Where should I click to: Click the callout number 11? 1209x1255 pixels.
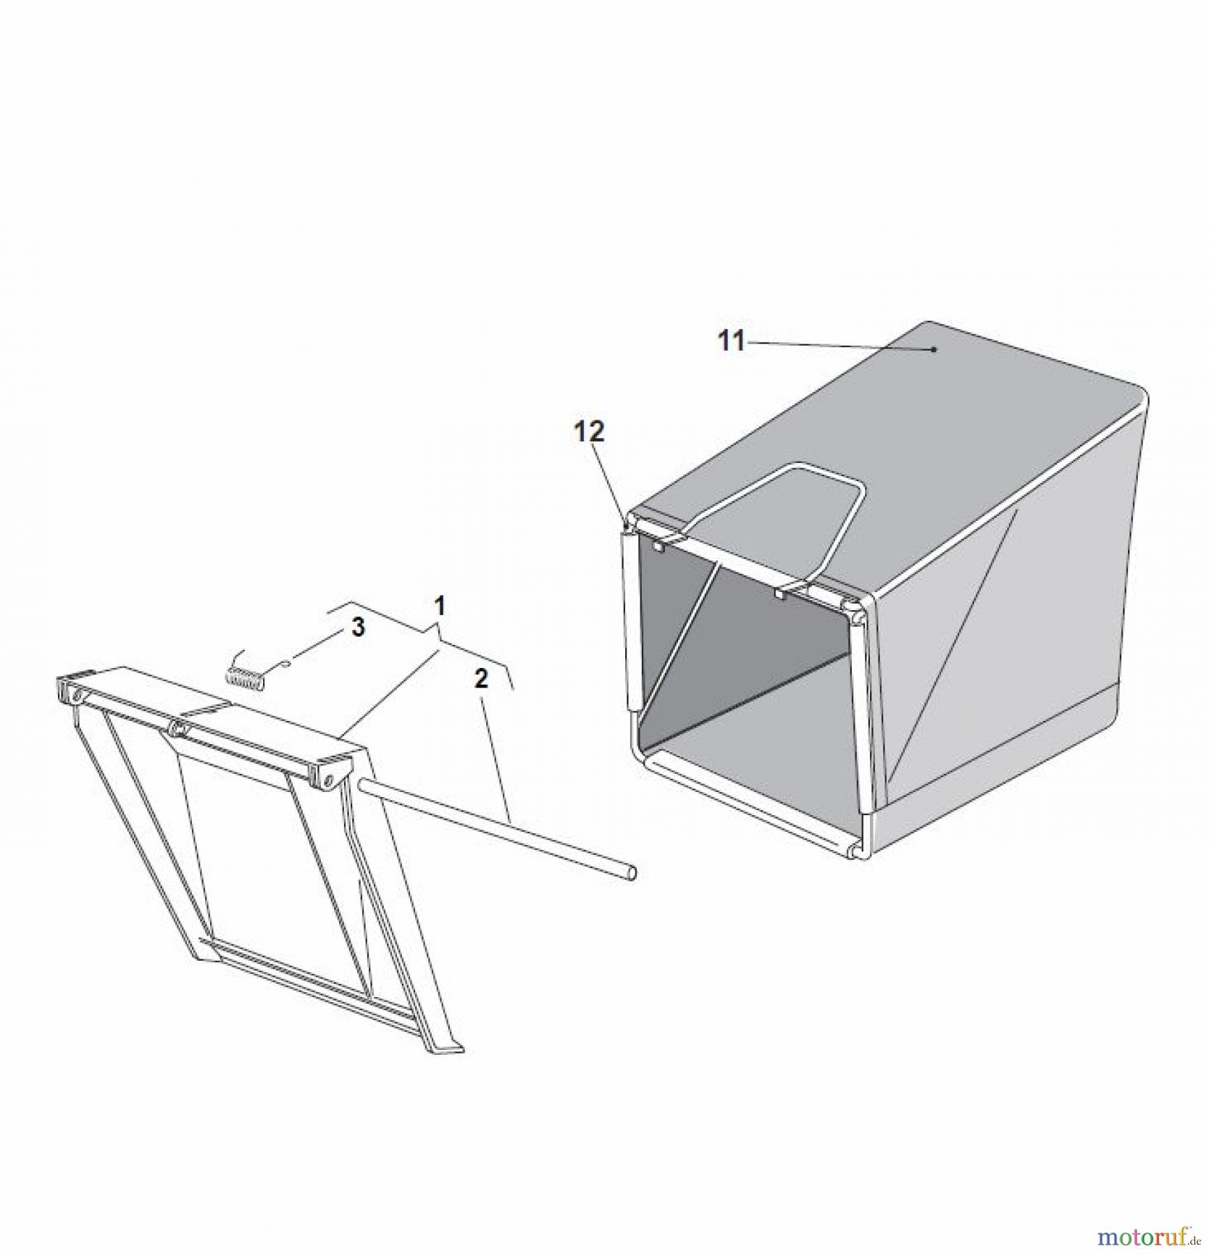point(732,342)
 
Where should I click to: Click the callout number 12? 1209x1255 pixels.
point(590,432)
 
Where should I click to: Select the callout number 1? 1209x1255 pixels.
point(440,606)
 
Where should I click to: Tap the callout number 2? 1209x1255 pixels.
point(482,679)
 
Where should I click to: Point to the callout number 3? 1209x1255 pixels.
point(358,627)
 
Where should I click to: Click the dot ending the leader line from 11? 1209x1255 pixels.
point(934,349)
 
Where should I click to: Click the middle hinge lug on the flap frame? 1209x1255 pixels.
point(179,729)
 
